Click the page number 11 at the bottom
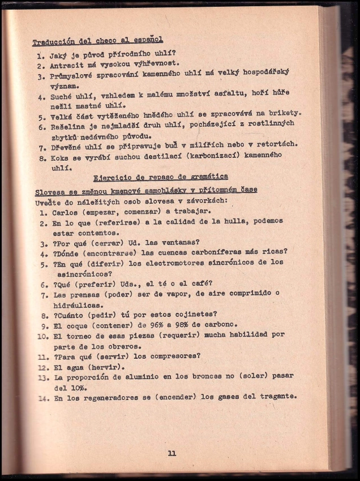[172, 453]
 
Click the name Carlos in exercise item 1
[66, 214]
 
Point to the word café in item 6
[200, 284]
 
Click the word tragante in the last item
[277, 397]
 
